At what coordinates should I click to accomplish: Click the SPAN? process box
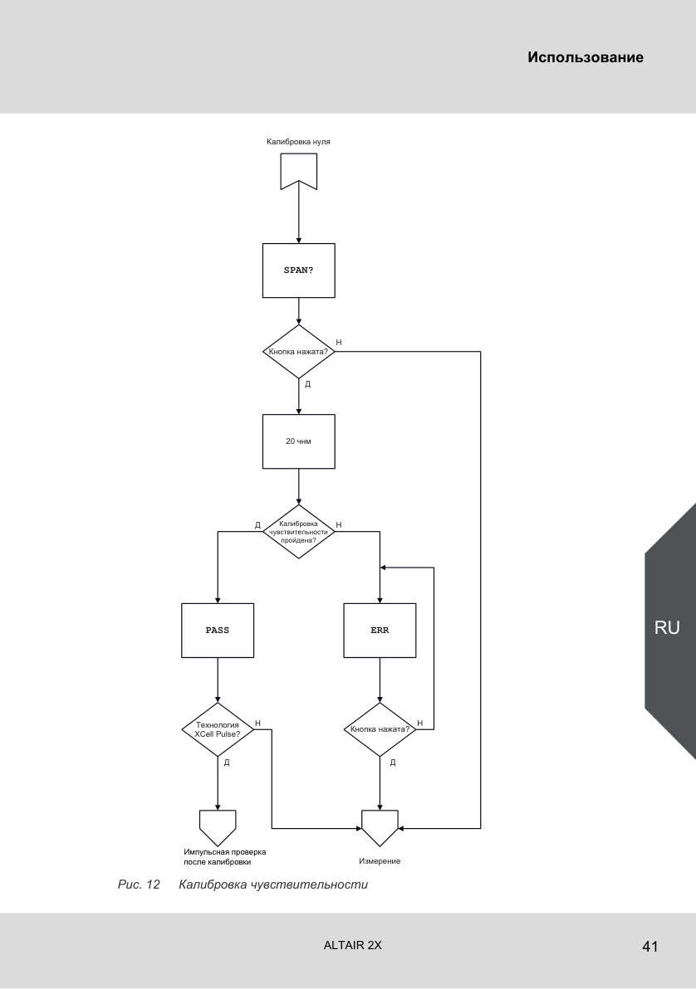click(299, 270)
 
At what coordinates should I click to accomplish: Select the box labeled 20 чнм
click(299, 441)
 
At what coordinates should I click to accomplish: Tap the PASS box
click(218, 631)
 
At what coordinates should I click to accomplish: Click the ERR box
click(380, 631)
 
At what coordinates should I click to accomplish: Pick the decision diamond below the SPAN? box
click(299, 351)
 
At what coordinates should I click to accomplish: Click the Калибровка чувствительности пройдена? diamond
click(299, 532)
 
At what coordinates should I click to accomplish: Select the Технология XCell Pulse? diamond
click(218, 730)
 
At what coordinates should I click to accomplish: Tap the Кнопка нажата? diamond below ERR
click(380, 730)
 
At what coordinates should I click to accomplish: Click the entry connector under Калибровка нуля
click(299, 171)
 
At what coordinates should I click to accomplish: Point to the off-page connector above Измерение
click(380, 827)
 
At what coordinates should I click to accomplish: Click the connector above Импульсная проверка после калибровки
click(218, 827)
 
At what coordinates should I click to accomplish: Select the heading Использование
click(586, 57)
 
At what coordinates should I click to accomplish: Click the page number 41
click(649, 946)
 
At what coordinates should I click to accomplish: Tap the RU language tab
click(667, 627)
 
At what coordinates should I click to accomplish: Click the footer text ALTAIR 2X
click(352, 946)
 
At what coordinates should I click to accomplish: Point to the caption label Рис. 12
click(139, 884)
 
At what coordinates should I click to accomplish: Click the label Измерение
click(380, 861)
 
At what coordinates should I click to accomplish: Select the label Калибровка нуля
click(298, 142)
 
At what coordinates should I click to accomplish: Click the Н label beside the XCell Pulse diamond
click(257, 723)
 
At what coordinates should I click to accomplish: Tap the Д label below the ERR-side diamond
click(393, 762)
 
